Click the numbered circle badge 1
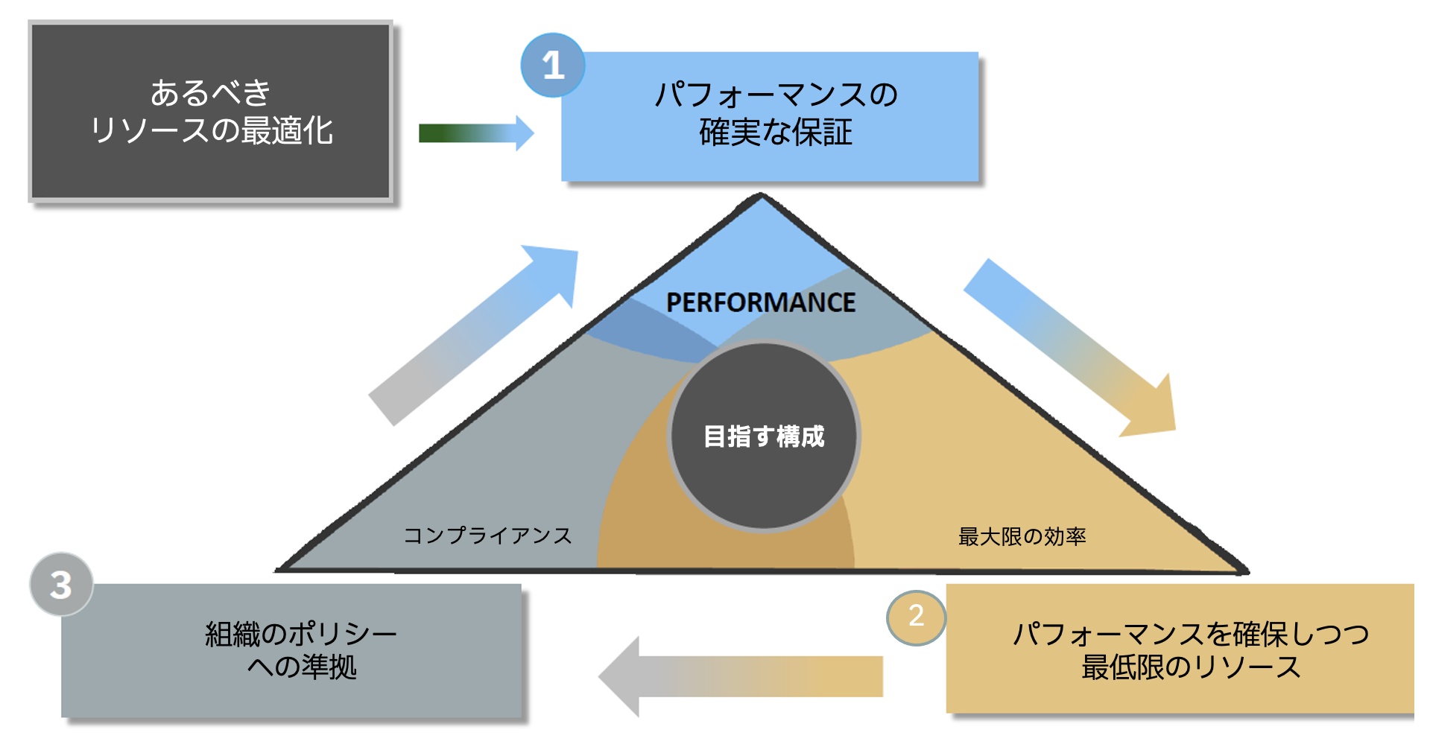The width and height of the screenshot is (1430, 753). tap(553, 66)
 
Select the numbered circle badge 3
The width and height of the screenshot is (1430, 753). tap(61, 585)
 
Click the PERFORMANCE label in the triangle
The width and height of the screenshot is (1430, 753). tap(760, 302)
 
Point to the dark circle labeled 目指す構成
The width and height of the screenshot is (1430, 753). tap(764, 436)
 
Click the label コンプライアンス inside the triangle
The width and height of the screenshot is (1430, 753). tap(487, 536)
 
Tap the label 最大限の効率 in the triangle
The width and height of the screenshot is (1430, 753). tap(1022, 536)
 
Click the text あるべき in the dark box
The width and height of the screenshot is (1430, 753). tap(210, 93)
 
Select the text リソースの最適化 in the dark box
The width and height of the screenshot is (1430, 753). tap(211, 131)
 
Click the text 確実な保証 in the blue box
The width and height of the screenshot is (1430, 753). tap(775, 133)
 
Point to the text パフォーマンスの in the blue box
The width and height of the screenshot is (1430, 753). tap(775, 95)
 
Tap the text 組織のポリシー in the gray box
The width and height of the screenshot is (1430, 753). tap(301, 635)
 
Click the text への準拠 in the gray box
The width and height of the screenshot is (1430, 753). tap(301, 667)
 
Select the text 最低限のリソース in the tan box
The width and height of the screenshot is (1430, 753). tap(1190, 667)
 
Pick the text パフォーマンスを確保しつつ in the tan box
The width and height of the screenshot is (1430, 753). tap(1190, 635)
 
